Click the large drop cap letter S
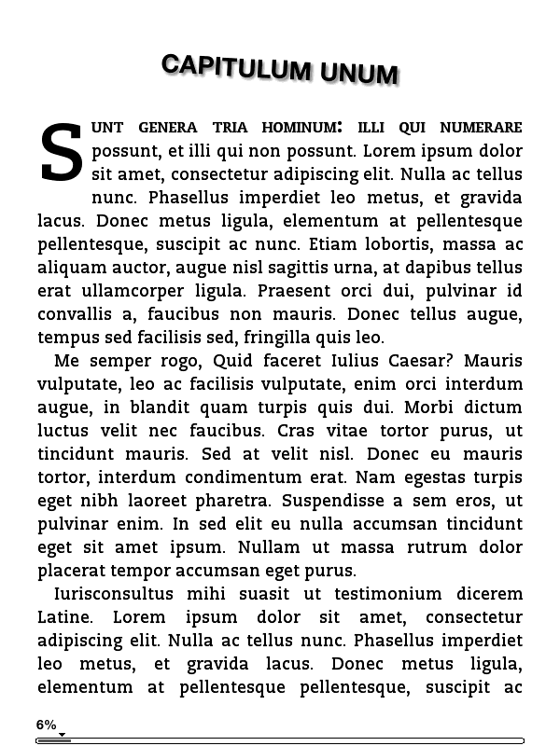(x=62, y=153)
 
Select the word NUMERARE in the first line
(x=481, y=128)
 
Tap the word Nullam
(x=269, y=547)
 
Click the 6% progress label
(x=47, y=725)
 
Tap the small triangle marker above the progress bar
(x=62, y=735)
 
